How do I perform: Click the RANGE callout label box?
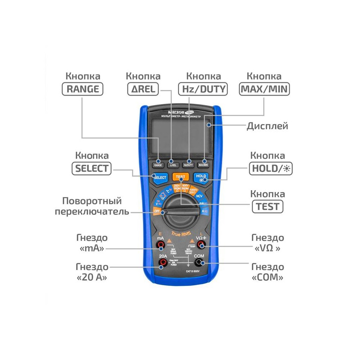(x=83, y=89)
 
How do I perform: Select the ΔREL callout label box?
(x=143, y=89)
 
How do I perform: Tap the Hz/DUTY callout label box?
(x=203, y=89)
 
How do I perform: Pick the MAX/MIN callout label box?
(x=265, y=89)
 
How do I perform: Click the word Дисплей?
(x=268, y=126)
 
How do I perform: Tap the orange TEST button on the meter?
(x=180, y=177)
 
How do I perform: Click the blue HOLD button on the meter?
(x=201, y=177)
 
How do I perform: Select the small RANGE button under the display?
(x=158, y=165)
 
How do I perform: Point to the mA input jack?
(x=161, y=246)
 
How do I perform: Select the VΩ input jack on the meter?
(x=201, y=246)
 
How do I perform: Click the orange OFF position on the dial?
(x=157, y=211)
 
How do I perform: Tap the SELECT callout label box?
(x=92, y=169)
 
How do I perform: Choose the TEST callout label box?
(x=268, y=206)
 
